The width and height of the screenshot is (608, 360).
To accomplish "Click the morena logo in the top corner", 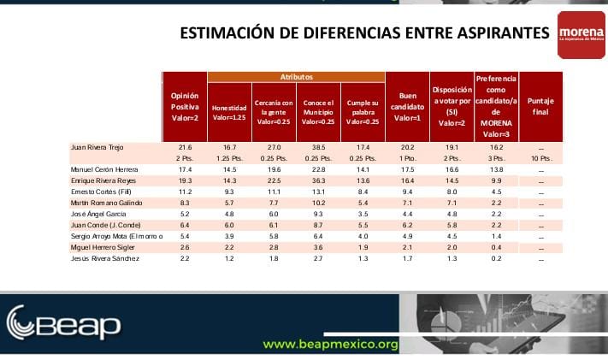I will coord(581,35).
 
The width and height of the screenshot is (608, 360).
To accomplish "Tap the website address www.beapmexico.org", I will coord(331,345).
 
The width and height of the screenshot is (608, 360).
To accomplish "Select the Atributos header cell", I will coord(296,77).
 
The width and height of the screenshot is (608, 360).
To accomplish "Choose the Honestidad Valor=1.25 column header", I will coord(229,112).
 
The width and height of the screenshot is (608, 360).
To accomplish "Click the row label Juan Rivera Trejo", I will coord(98,147).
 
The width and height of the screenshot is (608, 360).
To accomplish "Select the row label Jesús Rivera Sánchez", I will coord(104,258).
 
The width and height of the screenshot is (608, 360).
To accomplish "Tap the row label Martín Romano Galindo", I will coord(106,203).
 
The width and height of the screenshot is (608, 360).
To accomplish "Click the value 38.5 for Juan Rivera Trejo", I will coord(318,147).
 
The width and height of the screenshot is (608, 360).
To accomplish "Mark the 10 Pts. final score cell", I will coord(540,158).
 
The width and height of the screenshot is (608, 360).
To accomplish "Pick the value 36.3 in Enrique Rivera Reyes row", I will coord(318,180).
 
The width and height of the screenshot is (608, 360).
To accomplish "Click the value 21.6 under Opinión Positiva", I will coord(185,147).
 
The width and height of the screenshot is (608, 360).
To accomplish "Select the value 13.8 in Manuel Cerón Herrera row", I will coord(496,169).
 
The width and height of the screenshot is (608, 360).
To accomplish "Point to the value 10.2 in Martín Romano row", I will coord(318,203).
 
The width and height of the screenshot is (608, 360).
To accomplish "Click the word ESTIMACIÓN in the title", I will coord(225,33).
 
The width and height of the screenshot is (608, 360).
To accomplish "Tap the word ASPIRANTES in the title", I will coord(503,33).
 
